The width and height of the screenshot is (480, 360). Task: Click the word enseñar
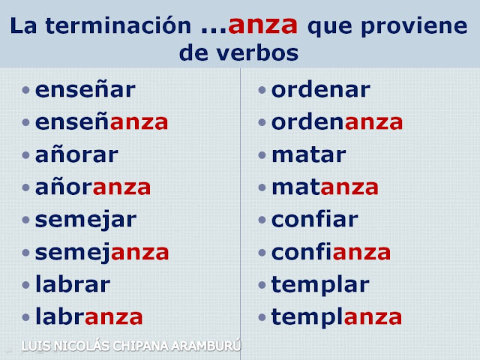[85, 90]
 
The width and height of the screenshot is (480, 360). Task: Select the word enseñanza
[102, 122]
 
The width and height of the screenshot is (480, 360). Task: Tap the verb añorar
[76, 154]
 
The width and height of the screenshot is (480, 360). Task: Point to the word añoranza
[93, 187]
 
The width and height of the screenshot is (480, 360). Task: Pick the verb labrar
[73, 284]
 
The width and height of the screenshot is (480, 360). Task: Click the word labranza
[89, 316]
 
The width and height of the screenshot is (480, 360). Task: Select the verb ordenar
[321, 90]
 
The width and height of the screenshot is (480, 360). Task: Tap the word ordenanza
[337, 122]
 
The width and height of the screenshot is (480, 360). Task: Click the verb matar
[309, 155]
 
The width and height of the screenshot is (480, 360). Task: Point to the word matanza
[325, 187]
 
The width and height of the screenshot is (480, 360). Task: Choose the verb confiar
[315, 219]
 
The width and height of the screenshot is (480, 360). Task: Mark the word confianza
[331, 251]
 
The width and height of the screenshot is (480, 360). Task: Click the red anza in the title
[263, 25]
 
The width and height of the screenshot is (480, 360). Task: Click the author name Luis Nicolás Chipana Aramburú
[131, 346]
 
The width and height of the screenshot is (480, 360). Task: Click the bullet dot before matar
[262, 155]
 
